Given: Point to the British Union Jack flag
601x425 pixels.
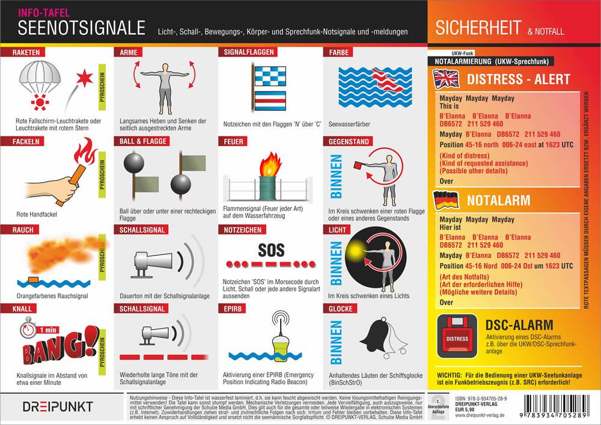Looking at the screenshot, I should pos(447,79).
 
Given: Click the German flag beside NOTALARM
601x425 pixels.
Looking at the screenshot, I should pos(447,199).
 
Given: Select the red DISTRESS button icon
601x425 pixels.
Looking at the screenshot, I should pos(457,337).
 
